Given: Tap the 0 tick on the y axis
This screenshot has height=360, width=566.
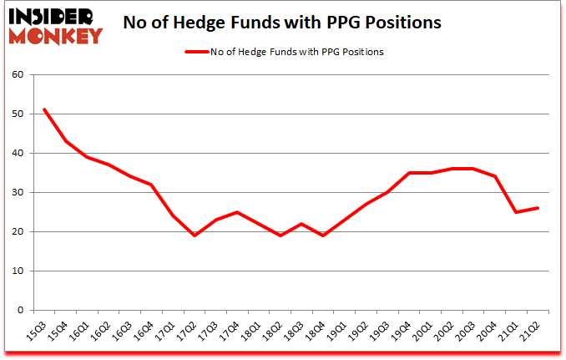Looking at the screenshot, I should coord(23,310).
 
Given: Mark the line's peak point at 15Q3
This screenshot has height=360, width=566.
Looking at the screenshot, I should coord(44,109).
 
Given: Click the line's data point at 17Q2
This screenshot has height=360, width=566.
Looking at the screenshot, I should coord(195,236).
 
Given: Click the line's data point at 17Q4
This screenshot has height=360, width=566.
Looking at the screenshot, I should coord(238,212).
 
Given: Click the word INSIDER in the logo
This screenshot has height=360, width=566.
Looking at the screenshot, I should coord(52,17).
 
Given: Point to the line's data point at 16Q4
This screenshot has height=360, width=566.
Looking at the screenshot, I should coord(152,185).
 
